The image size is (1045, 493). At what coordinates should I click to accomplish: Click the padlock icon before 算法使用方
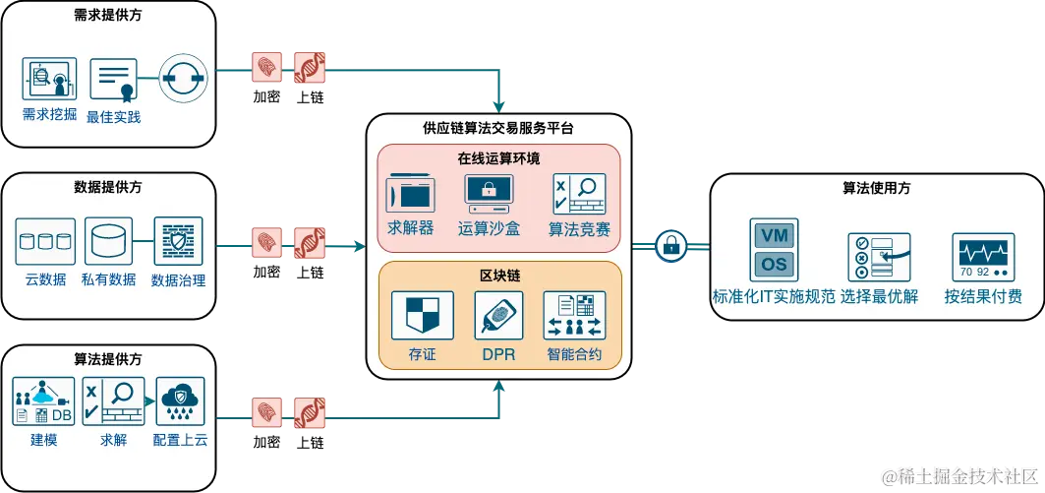coord(671,245)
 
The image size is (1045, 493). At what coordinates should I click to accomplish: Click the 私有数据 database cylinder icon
coord(108,242)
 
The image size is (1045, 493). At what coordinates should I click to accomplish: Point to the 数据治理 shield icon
coord(179,242)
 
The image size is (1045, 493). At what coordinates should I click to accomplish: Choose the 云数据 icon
coord(46,242)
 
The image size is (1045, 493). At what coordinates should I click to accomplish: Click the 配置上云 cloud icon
coord(180,401)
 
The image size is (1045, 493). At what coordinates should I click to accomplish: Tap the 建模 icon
coord(44,401)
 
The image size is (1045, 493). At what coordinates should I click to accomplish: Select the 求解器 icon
coord(411,195)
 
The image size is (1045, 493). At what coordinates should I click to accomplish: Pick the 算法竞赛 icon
coord(578,195)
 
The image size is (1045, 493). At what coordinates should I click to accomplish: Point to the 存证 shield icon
coord(422,315)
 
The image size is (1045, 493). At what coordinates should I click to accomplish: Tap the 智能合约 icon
coord(575,315)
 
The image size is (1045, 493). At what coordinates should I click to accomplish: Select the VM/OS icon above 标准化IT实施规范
coord(774,249)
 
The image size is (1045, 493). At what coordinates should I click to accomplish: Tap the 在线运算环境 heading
coord(498,157)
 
